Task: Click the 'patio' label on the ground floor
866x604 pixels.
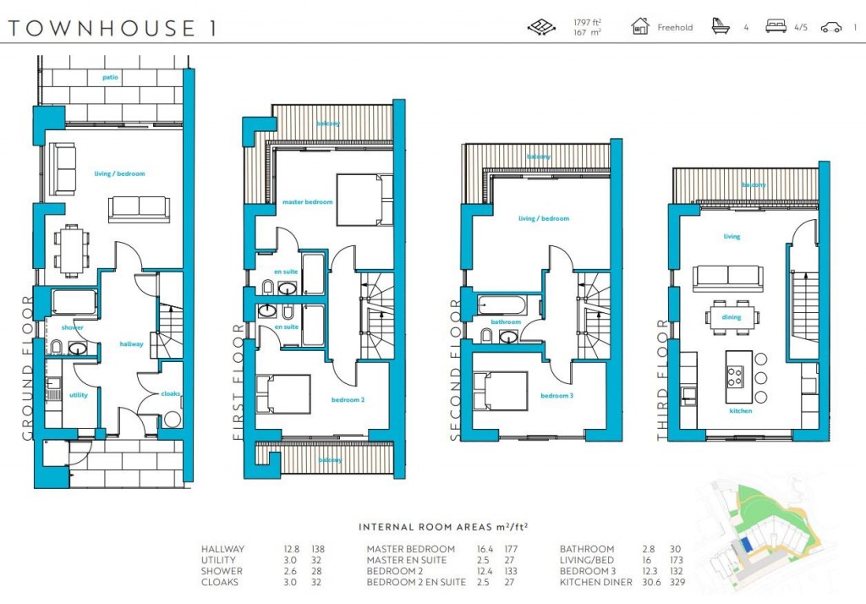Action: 110,78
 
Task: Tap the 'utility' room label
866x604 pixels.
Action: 79,395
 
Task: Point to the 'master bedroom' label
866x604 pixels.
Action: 307,202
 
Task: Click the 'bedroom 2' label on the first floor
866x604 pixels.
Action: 348,399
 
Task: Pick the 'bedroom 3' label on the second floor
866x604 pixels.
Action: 556,396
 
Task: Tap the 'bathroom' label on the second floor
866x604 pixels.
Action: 505,322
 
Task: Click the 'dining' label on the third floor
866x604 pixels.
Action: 732,317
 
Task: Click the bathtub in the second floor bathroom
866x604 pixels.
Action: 500,305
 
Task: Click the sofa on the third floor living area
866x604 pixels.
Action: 727,277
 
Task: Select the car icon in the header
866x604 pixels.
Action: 831,27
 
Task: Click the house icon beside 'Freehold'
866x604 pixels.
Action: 640,26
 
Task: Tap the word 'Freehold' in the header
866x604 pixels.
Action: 675,28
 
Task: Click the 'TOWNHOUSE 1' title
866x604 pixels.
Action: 112,27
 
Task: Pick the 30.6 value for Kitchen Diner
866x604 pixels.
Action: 650,582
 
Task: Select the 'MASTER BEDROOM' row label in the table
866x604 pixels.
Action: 410,549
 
